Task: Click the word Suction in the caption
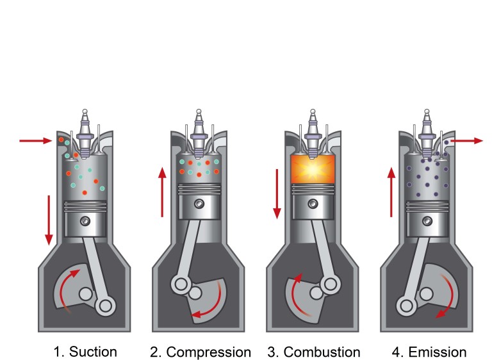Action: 93,352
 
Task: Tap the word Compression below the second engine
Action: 209,352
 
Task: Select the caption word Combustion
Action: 322,352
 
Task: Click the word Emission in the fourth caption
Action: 438,352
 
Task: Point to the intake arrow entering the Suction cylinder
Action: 36,141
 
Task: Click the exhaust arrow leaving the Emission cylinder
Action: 466,141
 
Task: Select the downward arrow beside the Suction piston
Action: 49,220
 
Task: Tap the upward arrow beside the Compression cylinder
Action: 162,192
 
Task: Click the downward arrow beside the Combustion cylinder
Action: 277,194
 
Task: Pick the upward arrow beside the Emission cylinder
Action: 391,192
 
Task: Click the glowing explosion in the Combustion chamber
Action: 313,169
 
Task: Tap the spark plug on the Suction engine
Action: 85,133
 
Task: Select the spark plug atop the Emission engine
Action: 427,133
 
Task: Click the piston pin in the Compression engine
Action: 199,204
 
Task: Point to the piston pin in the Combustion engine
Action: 313,204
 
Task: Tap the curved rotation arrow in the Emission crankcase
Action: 451,292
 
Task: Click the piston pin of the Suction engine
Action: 85,221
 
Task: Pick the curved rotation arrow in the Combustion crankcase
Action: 294,295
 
